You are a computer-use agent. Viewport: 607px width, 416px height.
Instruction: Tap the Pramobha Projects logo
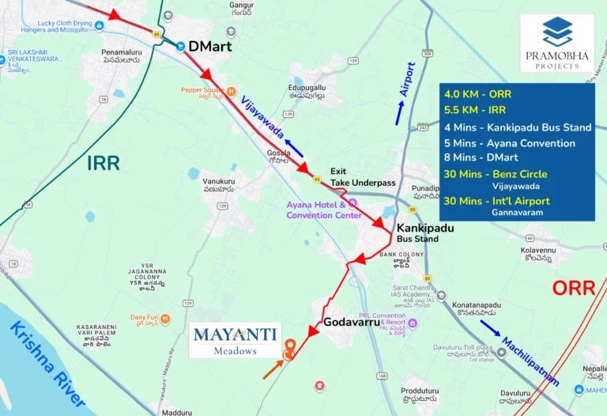pos(557,43)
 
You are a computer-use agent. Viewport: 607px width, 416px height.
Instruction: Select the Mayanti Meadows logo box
pos(235,339)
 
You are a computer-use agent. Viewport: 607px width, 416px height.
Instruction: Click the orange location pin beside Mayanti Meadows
pos(289,346)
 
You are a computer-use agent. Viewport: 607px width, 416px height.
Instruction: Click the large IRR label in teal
pos(103,164)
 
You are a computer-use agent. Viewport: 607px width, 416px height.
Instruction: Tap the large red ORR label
pos(572,288)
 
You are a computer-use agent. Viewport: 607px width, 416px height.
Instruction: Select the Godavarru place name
pos(352,322)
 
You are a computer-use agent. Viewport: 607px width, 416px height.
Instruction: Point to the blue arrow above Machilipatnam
pos(490,329)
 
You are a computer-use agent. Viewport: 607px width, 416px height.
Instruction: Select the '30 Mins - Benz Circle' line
pos(495,174)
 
